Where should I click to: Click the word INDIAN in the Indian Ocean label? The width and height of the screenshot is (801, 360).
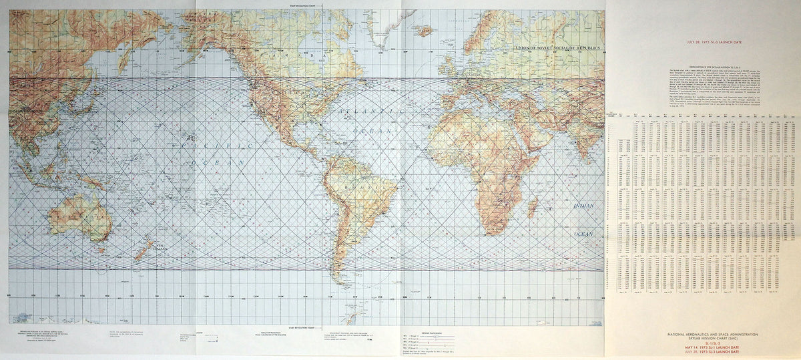coord(584,206)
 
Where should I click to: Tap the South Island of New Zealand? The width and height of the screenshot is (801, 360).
coord(142,255)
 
